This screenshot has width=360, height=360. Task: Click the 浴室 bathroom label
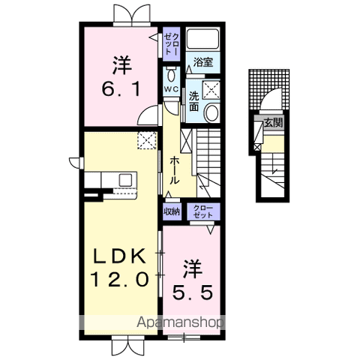click(x=203, y=62)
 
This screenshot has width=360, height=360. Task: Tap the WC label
click(x=171, y=89)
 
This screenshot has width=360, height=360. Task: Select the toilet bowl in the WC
click(x=171, y=74)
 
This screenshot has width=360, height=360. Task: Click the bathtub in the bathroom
click(x=202, y=39)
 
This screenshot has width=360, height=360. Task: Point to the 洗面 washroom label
click(x=193, y=101)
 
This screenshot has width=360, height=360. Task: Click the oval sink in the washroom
click(x=211, y=112)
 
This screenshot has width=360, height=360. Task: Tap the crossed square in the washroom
click(x=211, y=89)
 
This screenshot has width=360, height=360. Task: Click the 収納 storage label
click(x=172, y=211)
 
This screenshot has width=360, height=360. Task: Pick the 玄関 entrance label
click(x=273, y=122)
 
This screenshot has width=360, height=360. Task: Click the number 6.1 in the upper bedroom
click(x=121, y=89)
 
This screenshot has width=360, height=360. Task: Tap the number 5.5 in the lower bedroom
click(x=193, y=292)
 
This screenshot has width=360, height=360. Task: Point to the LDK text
click(x=119, y=256)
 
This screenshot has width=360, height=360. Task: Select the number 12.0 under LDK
click(x=119, y=279)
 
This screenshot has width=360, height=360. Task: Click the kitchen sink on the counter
click(x=125, y=179)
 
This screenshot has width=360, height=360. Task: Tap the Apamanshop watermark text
click(x=179, y=322)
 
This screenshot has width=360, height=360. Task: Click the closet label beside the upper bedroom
click(x=172, y=44)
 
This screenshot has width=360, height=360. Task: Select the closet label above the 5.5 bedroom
click(x=203, y=211)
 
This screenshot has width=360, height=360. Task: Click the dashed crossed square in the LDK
click(x=147, y=140)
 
